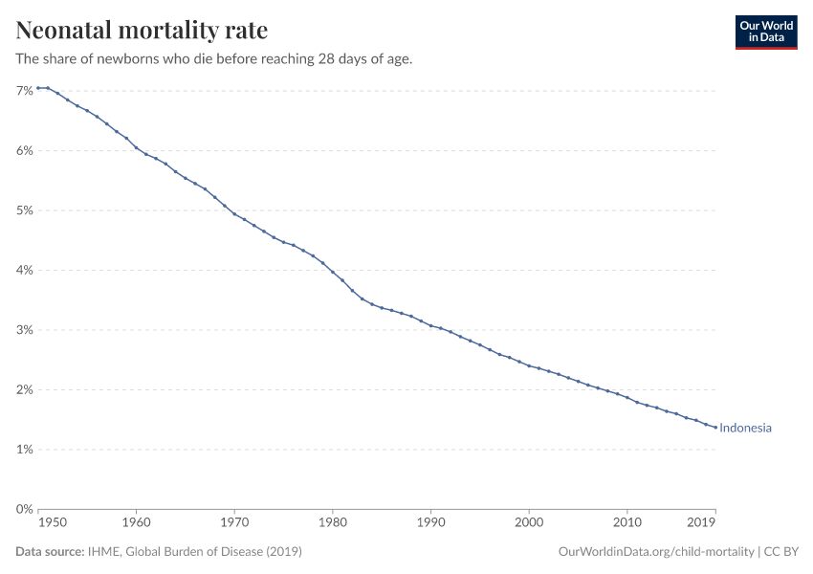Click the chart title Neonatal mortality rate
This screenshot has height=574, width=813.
[142, 30]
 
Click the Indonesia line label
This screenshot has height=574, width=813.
[745, 428]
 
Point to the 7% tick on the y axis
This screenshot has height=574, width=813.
[25, 91]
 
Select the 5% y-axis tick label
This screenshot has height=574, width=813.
[25, 210]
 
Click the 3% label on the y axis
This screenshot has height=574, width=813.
[25, 330]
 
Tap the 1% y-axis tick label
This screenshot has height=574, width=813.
[25, 450]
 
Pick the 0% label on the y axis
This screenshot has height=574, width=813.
[25, 509]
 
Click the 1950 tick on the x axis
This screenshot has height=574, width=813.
[52, 523]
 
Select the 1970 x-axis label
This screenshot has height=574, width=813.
[234, 523]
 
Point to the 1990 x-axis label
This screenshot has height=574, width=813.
[430, 523]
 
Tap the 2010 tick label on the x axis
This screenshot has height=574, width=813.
[627, 523]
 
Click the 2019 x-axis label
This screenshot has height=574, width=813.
[702, 523]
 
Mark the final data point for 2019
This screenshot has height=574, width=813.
[715, 428]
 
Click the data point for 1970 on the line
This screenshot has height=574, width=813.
[234, 213]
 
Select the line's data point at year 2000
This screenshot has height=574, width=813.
[529, 365]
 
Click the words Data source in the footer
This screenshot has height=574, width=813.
[48, 552]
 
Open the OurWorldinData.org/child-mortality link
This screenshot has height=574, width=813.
[654, 552]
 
